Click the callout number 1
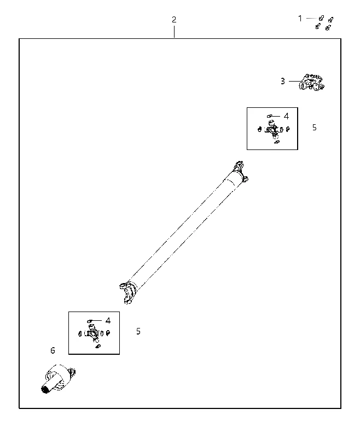300,19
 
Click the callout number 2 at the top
174,20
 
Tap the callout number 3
283,81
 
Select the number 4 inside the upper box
286,116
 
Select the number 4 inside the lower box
108,321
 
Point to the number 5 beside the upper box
315,128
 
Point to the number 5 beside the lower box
138,331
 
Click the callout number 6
53,350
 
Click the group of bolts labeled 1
324,23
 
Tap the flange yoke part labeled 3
312,83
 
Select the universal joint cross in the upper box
273,129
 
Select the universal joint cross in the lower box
94,333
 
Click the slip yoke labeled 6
59,378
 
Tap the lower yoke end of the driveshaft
128,292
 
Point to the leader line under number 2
174,32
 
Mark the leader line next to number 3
295,81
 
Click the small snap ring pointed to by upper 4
269,116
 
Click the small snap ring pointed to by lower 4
90,321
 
